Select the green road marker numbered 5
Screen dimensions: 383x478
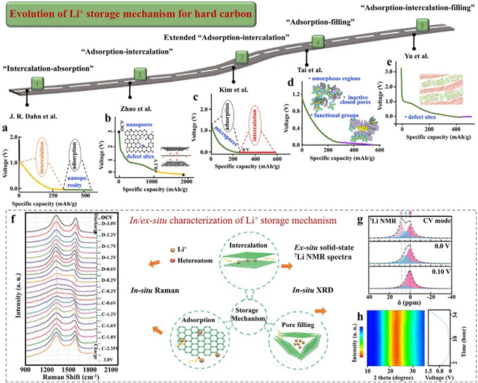(420, 25)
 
